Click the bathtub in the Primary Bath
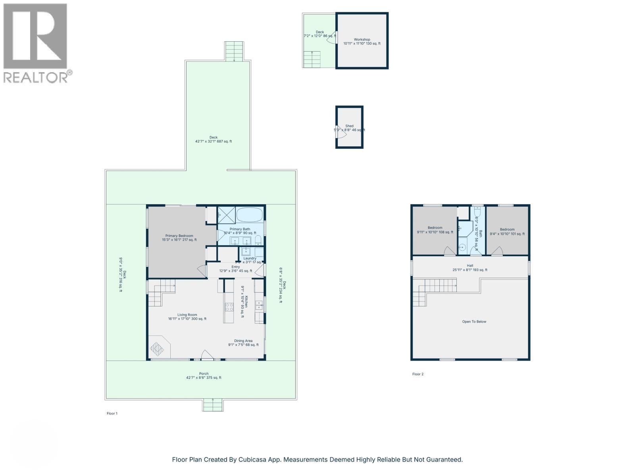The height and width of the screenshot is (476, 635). pos(250,215)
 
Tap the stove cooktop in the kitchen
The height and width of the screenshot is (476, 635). pos(229,306)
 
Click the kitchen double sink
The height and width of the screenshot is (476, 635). pos(259,305)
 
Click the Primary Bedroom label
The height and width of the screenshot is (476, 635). pos(179,238)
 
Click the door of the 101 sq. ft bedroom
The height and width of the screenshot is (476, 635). pos(497,251)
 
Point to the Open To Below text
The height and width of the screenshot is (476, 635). pos(474,322)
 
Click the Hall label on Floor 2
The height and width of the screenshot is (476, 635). pos(470,268)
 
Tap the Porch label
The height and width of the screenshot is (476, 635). pos(204,376)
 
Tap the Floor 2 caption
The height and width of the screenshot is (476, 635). pos(418,374)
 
